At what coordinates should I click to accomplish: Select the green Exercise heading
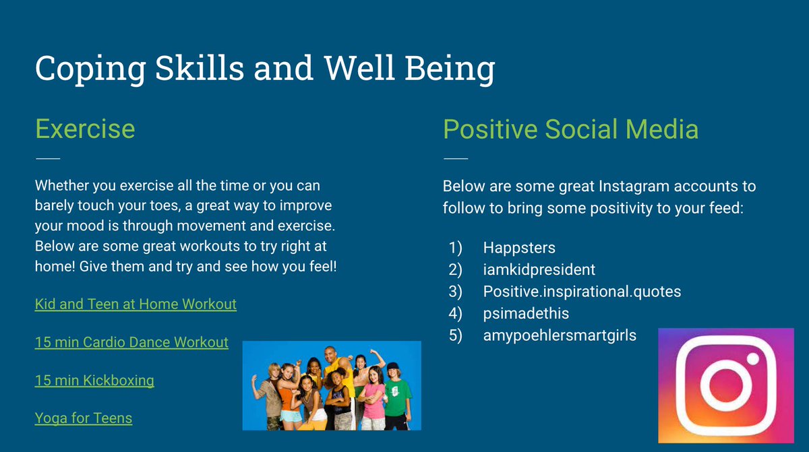point(84,128)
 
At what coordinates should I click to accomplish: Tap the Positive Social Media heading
point(570,128)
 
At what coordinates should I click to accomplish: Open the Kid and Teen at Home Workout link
point(136,304)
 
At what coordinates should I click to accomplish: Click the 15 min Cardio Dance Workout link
point(131,342)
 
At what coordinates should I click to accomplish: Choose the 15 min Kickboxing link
point(94,381)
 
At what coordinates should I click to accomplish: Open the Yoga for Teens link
point(84,418)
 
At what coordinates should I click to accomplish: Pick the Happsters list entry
point(519,248)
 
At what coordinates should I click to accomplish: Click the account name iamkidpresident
point(539,269)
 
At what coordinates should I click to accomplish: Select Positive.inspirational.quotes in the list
point(582,292)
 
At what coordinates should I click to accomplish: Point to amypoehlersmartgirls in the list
point(560,335)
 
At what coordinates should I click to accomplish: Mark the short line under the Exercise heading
point(47,159)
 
